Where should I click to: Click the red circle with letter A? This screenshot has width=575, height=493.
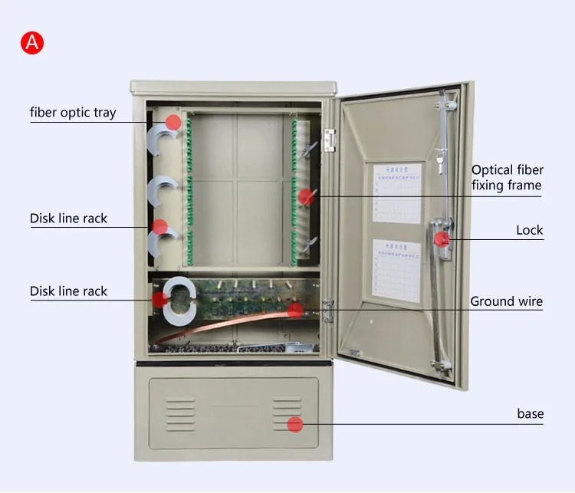[32, 43]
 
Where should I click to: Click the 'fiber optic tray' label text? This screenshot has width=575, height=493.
[73, 113]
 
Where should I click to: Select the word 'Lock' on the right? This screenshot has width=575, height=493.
[529, 230]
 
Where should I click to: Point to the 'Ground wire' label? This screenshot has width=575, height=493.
[506, 301]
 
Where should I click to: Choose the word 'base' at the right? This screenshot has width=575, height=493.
[530, 414]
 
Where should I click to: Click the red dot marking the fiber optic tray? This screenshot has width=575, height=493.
[174, 122]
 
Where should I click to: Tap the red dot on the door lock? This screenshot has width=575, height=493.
[442, 239]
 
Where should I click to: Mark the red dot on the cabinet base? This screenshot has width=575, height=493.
[294, 425]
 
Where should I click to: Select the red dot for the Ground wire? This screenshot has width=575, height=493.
[294, 311]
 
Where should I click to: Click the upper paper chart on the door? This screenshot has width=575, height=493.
[397, 192]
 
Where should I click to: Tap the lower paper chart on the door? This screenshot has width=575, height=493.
[397, 271]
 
